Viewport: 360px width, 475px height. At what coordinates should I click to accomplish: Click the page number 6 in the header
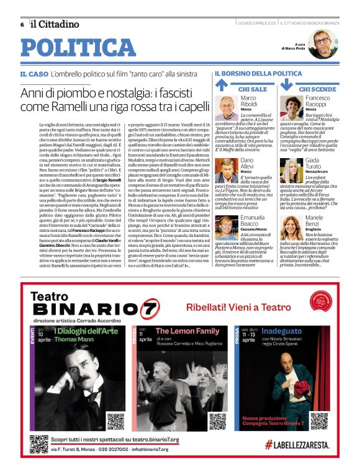[22, 25]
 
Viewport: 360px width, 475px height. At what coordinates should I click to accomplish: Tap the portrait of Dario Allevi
[228, 171]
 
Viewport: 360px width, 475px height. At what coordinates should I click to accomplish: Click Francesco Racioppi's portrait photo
[293, 106]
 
